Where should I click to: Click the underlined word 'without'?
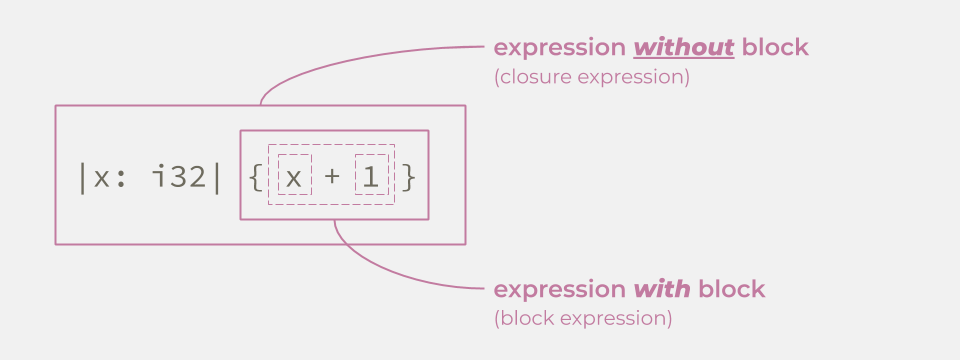click(685, 47)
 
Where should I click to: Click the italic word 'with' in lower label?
click(661, 290)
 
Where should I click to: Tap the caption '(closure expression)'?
click(591, 77)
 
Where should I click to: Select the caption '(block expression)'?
click(582, 319)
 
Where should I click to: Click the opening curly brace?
click(254, 178)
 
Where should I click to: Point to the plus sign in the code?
click(332, 178)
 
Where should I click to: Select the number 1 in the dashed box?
click(370, 178)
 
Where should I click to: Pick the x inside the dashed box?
click(293, 178)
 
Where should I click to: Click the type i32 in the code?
click(177, 178)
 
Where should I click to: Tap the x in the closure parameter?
click(100, 178)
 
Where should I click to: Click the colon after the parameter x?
click(120, 179)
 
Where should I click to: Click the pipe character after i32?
click(216, 178)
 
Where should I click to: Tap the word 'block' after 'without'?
click(775, 47)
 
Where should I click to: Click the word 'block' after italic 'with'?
click(731, 290)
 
